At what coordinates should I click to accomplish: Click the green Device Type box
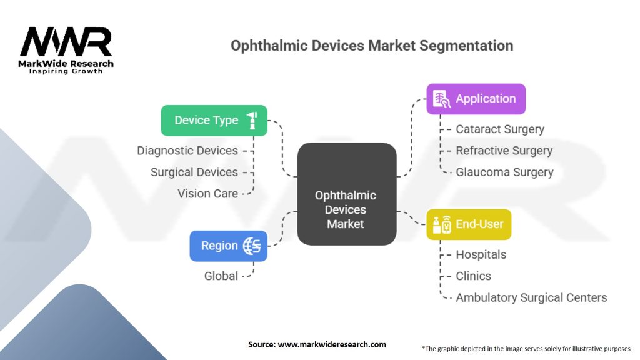coord(214,120)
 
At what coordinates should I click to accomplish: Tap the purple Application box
coord(476,99)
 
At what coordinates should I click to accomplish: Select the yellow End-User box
coord(469,224)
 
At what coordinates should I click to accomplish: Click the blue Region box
coord(228,246)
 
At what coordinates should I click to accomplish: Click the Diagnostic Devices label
coord(187,151)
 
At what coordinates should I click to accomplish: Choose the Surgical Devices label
coord(194,172)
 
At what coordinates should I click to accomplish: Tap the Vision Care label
coord(207,193)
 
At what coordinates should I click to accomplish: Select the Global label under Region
coord(221,276)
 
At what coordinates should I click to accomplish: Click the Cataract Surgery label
coord(500,129)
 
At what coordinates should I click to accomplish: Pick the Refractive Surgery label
coord(504,151)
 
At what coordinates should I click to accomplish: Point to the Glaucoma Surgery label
coord(504,172)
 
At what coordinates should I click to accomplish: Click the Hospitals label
coord(481,254)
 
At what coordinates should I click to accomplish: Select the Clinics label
coord(473,276)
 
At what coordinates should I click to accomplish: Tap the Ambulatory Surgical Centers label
coord(531,297)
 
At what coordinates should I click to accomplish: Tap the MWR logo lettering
coord(66,42)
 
